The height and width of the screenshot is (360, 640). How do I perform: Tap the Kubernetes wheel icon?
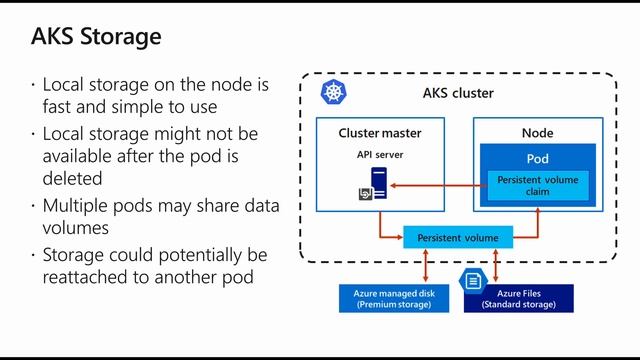332,94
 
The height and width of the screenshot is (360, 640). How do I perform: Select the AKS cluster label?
458,94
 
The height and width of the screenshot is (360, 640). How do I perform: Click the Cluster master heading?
380,132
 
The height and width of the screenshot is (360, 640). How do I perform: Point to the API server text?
379,155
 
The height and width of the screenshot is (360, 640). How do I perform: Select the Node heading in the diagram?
537,132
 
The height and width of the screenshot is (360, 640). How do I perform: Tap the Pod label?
537,159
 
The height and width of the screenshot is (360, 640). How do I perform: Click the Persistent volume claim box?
537,184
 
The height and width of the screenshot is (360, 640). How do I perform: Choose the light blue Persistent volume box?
457,237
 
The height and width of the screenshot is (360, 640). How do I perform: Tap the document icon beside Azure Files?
471,282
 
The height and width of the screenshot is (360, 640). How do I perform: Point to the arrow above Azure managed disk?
428,265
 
